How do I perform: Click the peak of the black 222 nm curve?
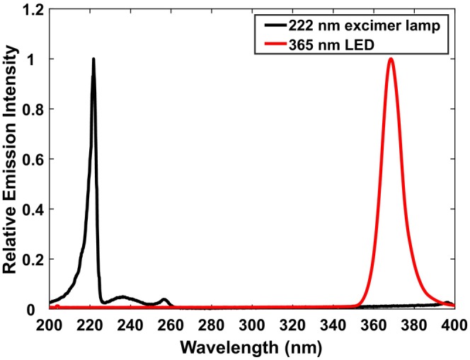93,59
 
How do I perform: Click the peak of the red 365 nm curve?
391,59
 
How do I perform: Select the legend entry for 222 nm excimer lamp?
352,26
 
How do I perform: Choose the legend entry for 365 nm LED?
319,45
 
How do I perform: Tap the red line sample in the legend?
276,45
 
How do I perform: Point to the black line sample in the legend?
276,25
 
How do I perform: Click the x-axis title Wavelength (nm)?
251,348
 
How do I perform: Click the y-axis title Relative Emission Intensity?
10,159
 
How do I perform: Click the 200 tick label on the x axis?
50,325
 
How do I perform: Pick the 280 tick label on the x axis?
212,325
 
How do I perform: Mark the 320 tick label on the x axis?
293,325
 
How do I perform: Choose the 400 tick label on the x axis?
455,325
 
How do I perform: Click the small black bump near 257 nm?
164,299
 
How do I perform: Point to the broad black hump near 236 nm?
122,297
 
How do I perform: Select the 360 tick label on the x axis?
374,325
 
